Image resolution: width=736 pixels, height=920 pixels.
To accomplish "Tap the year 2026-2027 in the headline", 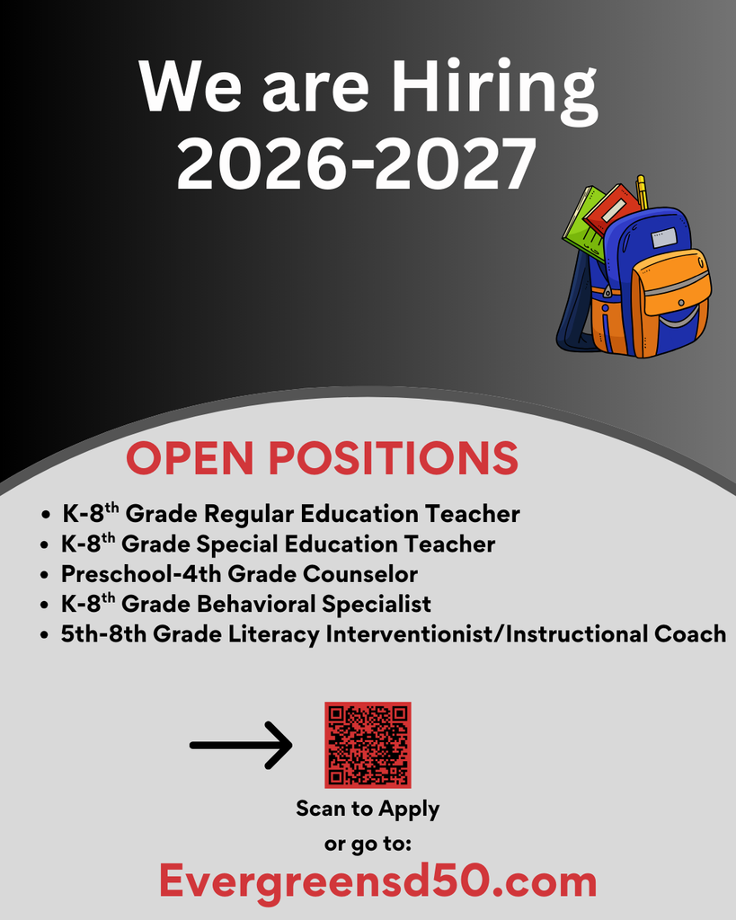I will tap(356, 164).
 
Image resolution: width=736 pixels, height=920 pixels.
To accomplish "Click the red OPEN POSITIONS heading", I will tap(322, 457).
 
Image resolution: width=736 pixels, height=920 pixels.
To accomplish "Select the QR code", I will tap(368, 745).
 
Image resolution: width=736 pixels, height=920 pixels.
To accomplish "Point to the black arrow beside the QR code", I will tap(241, 745).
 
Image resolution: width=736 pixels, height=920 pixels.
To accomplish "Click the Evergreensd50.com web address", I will tap(377, 880).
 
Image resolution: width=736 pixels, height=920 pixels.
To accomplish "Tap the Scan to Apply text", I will tap(368, 809).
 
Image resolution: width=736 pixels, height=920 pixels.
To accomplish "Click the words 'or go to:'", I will tap(368, 844).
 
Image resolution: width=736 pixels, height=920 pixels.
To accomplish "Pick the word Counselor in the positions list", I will tap(360, 573).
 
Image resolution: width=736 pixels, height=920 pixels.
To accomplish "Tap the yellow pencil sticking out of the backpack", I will tap(642, 190).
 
